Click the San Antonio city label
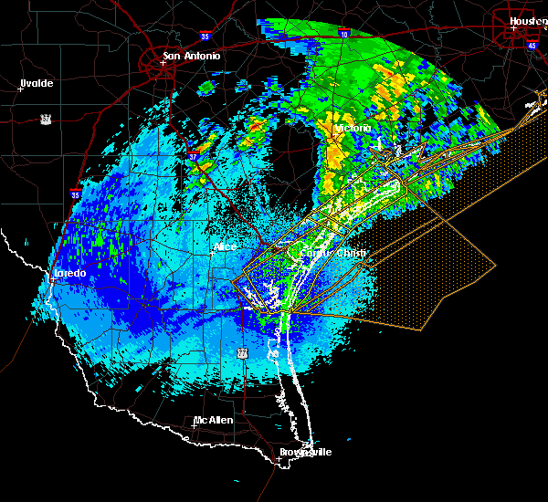191,56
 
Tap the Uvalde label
37,83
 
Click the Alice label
224,246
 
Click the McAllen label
213,420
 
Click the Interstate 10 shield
343,34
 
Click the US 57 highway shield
45,119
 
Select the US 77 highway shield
242,351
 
